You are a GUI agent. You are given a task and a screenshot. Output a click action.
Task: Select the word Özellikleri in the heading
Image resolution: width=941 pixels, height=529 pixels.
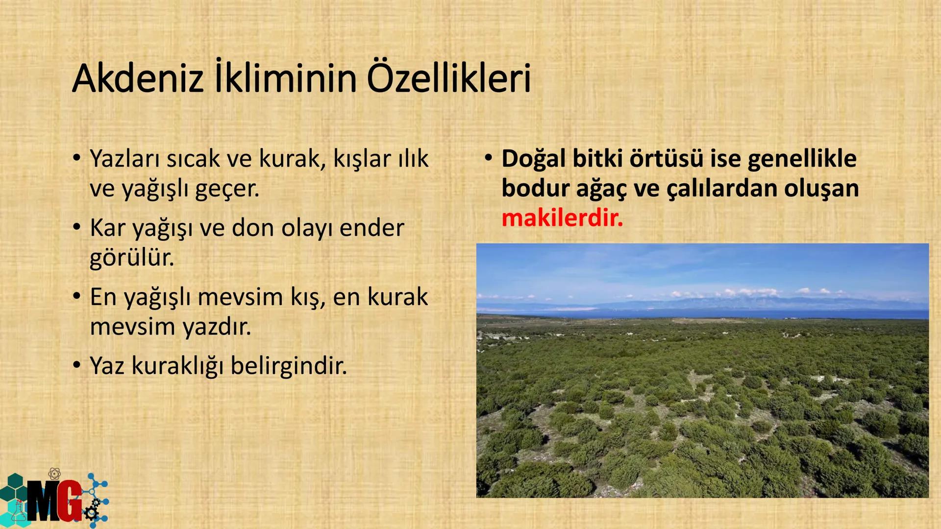coord(448,79)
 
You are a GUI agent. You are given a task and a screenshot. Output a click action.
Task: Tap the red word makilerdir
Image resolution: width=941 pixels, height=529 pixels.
coord(562,218)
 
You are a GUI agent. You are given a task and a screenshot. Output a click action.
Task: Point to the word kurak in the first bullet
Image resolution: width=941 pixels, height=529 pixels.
coord(292,159)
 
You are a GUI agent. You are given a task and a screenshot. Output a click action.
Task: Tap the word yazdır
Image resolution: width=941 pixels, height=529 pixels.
coord(217,327)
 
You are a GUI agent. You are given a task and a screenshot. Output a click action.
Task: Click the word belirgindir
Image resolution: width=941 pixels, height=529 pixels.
coord(289,366)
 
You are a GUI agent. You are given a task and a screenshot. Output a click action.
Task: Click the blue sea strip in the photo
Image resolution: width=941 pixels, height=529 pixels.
coord(735,313)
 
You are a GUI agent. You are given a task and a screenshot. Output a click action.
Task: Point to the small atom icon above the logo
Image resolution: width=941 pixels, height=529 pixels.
coord(55,474)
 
